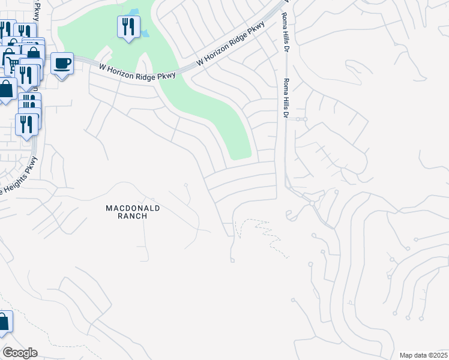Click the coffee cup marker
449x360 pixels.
coord(62,64)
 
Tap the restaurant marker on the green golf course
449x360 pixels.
coord(128,27)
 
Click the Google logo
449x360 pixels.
coord(20,353)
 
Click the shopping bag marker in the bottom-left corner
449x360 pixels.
coord(4,322)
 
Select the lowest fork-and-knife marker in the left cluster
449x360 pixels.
coord(26,124)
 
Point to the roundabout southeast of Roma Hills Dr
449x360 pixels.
coord(312,203)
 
